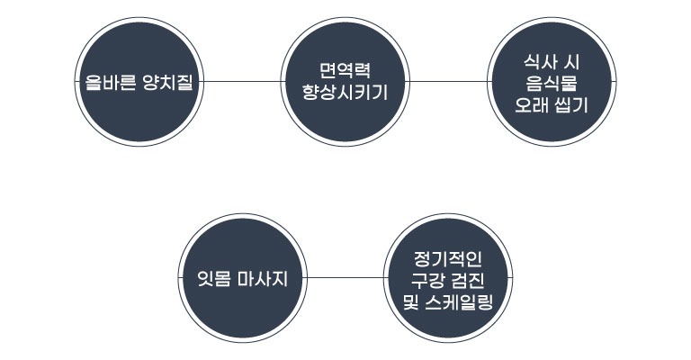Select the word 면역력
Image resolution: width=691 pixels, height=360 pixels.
click(345, 70)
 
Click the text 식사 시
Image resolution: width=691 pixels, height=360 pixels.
click(551, 60)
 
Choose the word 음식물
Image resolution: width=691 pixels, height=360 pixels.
click(551, 81)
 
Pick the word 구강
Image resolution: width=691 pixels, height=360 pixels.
click(427, 278)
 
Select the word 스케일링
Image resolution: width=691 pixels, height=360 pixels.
click(458, 299)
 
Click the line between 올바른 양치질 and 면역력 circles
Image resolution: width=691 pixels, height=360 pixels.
click(243, 81)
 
